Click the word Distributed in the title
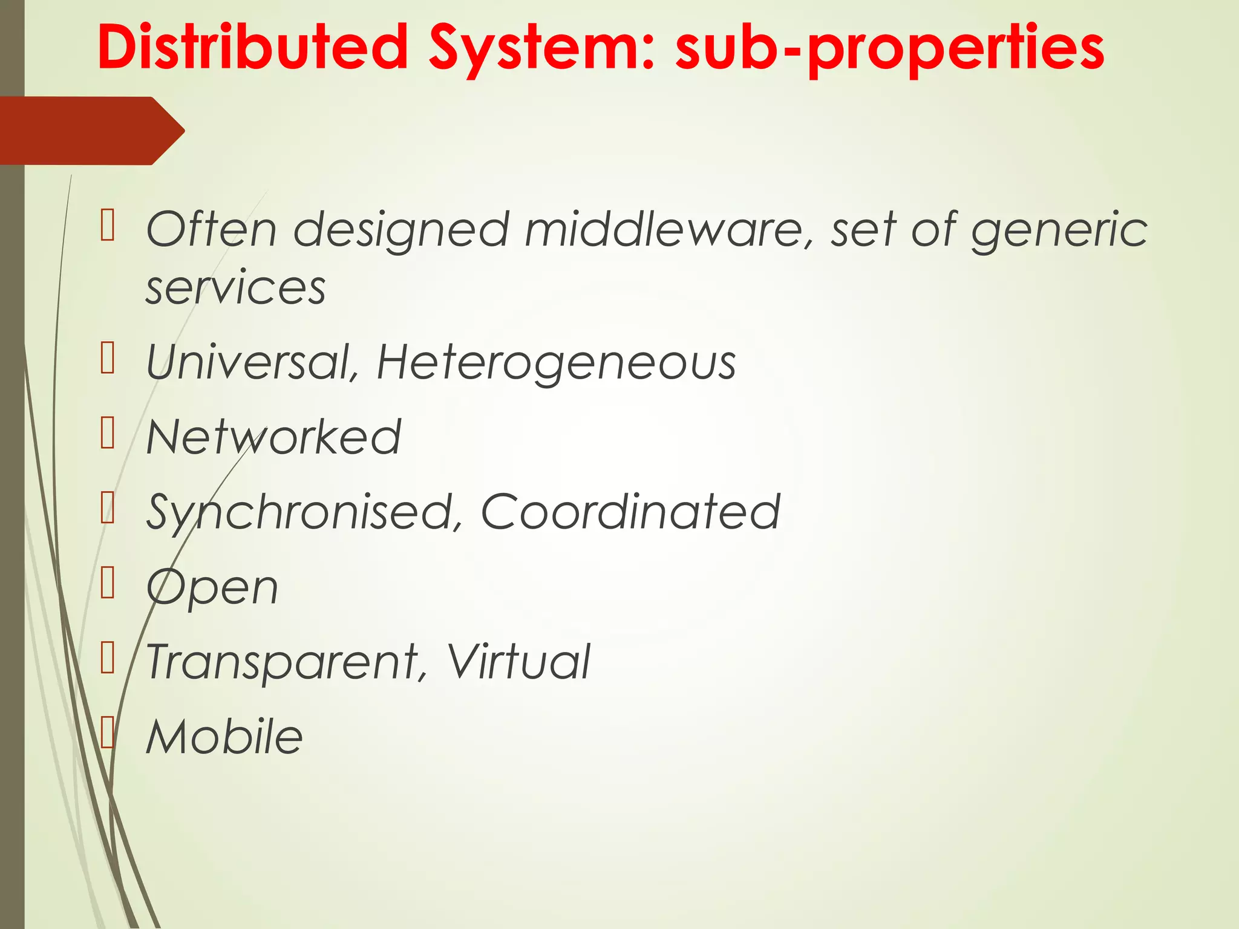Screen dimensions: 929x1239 tap(253, 47)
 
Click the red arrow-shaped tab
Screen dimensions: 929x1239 tap(91, 131)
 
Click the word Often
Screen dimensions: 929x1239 tap(212, 230)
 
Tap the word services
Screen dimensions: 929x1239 tap(236, 287)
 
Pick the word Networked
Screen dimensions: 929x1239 tap(273, 437)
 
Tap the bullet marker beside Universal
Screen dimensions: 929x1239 tap(108, 358)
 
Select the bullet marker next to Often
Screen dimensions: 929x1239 tap(108, 225)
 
